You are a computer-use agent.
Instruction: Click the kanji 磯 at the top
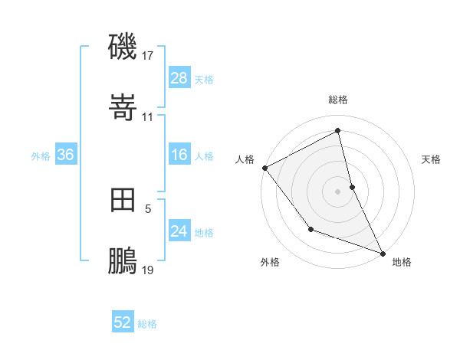click(x=123, y=47)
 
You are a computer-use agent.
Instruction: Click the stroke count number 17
click(x=148, y=56)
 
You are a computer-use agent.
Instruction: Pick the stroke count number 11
click(x=148, y=117)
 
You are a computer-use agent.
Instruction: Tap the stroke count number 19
click(x=148, y=270)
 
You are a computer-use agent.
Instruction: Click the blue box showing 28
click(x=179, y=78)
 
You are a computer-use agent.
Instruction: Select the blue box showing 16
click(x=179, y=155)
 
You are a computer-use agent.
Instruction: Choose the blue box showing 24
click(x=179, y=231)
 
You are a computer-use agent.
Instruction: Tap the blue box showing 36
click(x=66, y=155)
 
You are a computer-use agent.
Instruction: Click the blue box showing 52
click(x=123, y=322)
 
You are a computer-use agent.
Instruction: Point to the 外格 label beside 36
click(x=41, y=155)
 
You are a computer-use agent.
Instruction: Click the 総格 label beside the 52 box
click(x=147, y=324)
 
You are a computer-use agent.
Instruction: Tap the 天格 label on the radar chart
click(x=431, y=159)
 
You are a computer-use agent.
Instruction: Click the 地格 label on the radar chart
click(x=402, y=262)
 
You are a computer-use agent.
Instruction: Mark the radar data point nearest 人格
click(x=264, y=167)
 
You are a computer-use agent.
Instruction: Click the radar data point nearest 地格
click(x=383, y=252)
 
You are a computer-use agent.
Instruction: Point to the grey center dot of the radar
click(x=337, y=191)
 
